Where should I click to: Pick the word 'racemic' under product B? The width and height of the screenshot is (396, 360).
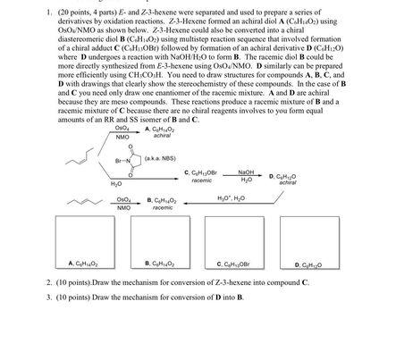(x=162, y=206)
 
